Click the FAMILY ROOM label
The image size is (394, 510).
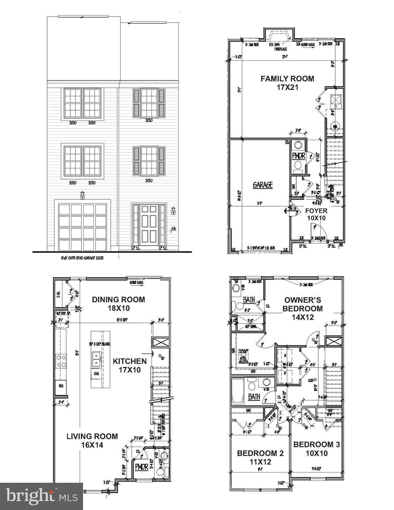tap(287, 83)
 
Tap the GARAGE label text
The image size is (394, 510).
tap(262, 185)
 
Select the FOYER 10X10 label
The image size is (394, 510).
tap(316, 214)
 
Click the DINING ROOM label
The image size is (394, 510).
tap(118, 303)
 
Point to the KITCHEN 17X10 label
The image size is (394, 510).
tap(130, 365)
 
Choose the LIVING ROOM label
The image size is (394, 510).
tap(92, 440)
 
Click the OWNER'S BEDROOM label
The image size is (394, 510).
tap(302, 308)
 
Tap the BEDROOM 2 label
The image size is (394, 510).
tap(260, 457)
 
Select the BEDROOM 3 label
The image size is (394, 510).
tap(316, 449)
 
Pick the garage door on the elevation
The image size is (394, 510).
tap(83, 227)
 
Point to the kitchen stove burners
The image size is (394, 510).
tap(61, 361)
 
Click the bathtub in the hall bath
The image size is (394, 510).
tap(237, 392)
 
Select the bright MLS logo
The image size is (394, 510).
tap(42, 496)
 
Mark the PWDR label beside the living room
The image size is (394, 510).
tap(142, 467)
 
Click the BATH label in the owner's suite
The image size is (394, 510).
tap(249, 300)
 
